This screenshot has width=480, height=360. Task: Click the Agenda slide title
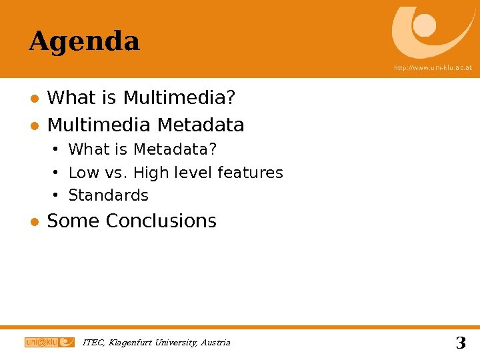click(x=84, y=42)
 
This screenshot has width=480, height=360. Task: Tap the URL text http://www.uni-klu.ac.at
click(x=432, y=68)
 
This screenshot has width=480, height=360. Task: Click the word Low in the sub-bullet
click(x=83, y=173)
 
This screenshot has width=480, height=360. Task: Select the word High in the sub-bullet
click(x=151, y=173)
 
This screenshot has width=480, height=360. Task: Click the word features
click(x=250, y=173)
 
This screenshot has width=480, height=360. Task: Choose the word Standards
click(x=109, y=195)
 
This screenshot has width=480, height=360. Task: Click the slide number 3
click(x=460, y=344)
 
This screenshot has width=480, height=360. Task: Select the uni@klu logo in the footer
click(x=49, y=343)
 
